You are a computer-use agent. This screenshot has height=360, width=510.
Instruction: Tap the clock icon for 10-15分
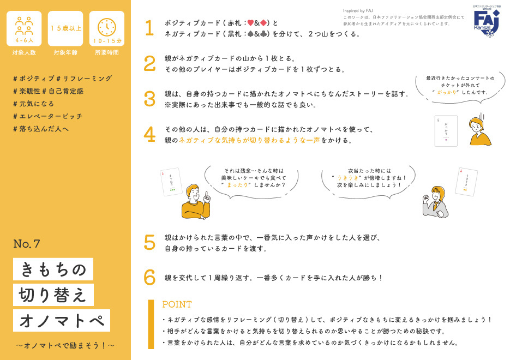(x=106, y=26)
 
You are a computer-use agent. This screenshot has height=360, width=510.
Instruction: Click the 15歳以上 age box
(x=65, y=28)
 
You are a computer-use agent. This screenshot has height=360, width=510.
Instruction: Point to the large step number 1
(x=149, y=28)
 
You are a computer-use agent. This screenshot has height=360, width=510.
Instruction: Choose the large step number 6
(x=149, y=278)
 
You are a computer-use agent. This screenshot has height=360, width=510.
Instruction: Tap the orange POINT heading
(x=177, y=304)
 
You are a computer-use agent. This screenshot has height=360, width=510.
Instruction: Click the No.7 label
(x=27, y=244)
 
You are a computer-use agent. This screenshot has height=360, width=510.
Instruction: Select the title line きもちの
(x=53, y=269)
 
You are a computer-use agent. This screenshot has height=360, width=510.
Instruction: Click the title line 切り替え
(x=53, y=295)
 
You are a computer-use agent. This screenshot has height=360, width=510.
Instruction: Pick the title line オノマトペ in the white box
(x=62, y=321)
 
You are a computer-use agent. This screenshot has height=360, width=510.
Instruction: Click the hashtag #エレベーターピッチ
(x=47, y=116)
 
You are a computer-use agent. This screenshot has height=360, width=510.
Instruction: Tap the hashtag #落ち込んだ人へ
(x=41, y=129)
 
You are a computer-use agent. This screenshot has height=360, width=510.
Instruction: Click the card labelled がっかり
(x=446, y=131)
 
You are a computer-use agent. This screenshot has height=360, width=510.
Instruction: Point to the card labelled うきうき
(x=467, y=182)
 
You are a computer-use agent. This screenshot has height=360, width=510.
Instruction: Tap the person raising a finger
(x=195, y=201)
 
